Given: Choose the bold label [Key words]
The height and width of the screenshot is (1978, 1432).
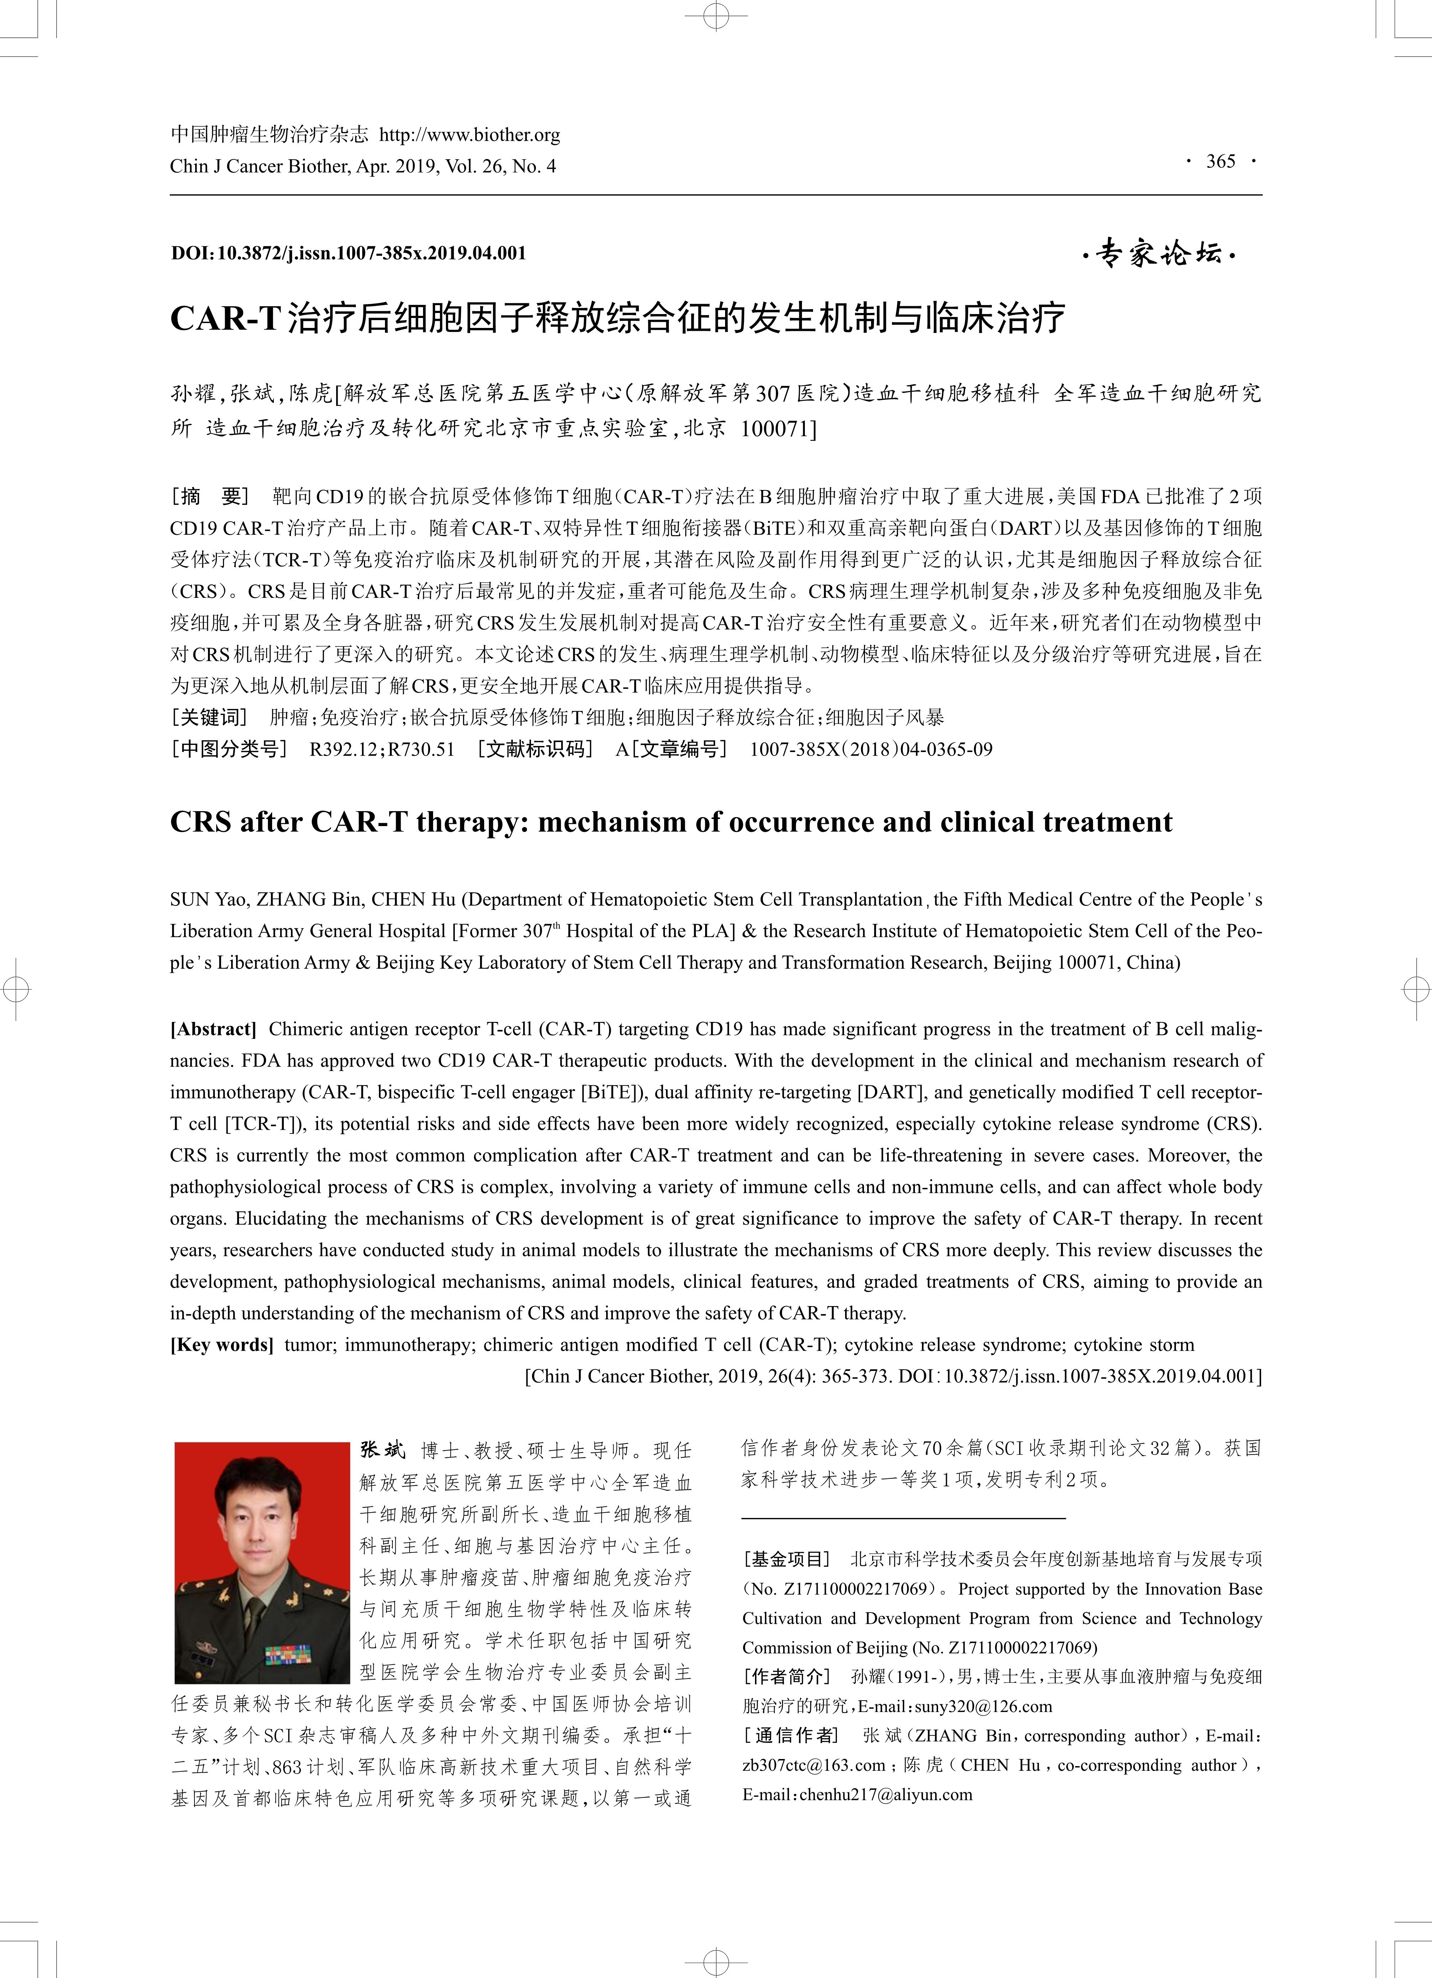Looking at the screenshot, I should pos(222,1345).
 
